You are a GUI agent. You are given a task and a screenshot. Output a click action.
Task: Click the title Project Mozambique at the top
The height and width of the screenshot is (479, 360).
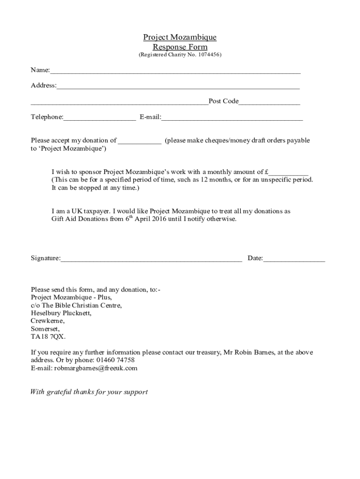coord(180,37)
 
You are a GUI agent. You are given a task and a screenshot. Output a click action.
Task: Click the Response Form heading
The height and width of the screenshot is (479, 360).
coord(180,47)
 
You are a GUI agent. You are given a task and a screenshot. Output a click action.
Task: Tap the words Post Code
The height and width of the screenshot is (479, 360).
coord(223,102)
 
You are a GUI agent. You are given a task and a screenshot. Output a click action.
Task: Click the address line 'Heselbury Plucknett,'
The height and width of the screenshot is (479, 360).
coord(61,313)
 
